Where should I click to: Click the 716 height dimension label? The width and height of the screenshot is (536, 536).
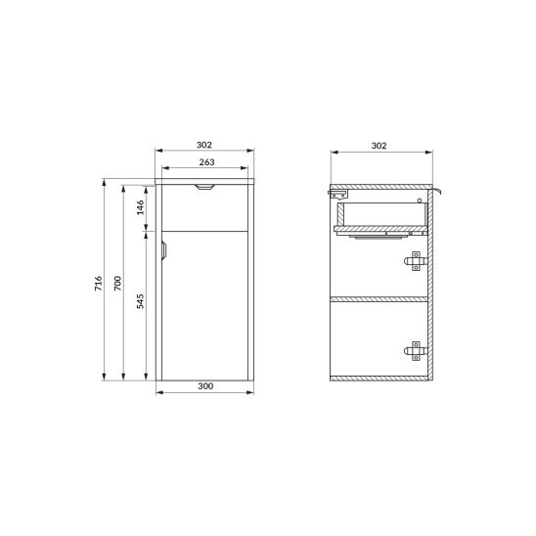(99, 284)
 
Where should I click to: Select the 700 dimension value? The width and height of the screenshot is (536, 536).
(117, 284)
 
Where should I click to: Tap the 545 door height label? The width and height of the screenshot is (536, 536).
(141, 301)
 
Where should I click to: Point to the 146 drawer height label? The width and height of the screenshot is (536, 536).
(141, 207)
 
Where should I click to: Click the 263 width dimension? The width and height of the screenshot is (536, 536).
(206, 162)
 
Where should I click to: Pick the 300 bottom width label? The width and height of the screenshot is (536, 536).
(205, 386)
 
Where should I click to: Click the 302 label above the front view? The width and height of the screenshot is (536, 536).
(204, 145)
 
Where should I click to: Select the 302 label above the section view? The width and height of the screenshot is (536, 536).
(379, 146)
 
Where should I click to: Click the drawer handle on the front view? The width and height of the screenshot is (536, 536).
(204, 187)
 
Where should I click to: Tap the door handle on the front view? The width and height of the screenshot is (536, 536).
(163, 250)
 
